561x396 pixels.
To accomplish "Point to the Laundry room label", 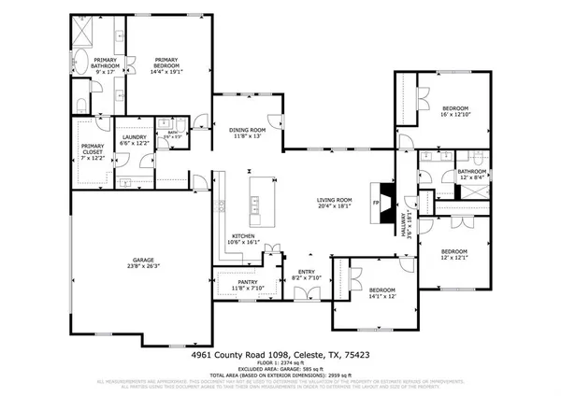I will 136,139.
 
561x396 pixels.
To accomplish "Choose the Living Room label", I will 333,200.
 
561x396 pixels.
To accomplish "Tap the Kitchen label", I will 242,236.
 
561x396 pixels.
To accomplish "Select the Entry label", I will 305,275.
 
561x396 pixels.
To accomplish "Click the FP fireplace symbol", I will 377,203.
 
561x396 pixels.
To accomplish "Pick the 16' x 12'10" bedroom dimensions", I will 458,115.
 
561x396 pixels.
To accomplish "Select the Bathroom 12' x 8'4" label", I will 471,175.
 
